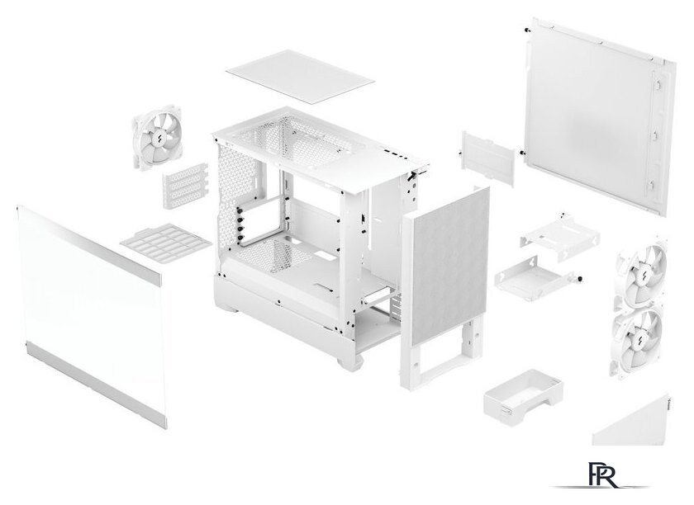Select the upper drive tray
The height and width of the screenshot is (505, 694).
[553, 232]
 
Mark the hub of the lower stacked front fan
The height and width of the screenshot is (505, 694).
[640, 336]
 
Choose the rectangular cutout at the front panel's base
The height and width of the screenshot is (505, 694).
[442, 358]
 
